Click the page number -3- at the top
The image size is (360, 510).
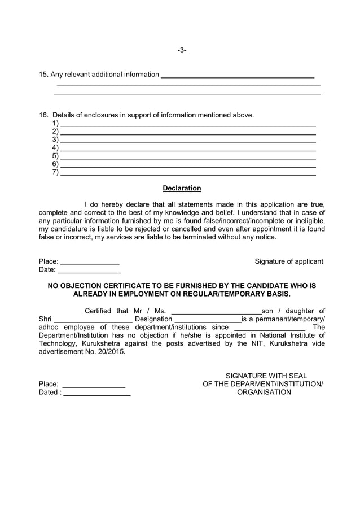(182, 50)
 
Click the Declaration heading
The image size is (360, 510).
(182, 188)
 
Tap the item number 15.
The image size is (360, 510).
(43, 74)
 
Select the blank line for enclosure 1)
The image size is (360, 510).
(187, 124)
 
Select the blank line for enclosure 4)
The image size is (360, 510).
(187, 149)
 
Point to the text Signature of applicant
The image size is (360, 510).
(289, 261)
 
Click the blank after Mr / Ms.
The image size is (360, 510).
(216, 312)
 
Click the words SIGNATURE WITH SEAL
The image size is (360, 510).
(266, 376)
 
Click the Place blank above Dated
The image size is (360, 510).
(93, 385)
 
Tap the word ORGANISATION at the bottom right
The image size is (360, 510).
(264, 392)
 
